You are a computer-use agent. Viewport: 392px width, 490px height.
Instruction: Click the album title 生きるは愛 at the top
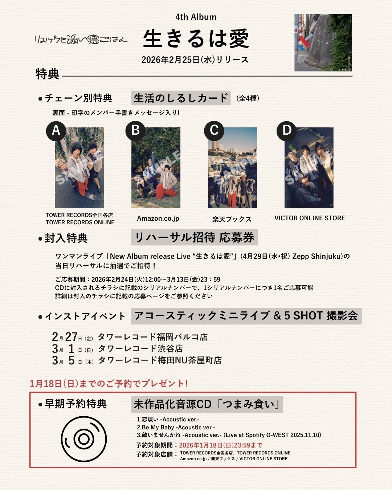click(196, 39)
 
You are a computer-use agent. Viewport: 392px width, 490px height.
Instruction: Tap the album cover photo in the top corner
click(323, 42)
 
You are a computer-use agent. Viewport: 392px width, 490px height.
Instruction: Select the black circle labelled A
click(56, 130)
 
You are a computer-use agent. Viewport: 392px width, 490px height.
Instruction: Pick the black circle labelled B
click(135, 130)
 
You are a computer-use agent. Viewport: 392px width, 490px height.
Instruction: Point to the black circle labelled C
click(214, 130)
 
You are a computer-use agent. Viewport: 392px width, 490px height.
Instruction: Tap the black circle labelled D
click(287, 130)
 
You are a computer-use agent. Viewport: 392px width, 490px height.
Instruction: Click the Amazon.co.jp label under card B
click(158, 218)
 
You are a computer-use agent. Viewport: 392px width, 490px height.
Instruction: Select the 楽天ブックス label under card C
click(232, 219)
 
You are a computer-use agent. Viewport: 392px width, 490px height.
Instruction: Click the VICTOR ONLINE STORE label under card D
click(310, 218)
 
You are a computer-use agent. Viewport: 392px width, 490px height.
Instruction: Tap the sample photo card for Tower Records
click(79, 168)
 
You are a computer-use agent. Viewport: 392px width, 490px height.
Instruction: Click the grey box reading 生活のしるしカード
click(181, 98)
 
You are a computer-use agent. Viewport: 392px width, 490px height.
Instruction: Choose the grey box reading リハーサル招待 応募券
click(194, 237)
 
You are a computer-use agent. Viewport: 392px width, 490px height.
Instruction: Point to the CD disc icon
click(84, 439)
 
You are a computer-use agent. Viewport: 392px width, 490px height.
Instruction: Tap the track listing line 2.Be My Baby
click(176, 427)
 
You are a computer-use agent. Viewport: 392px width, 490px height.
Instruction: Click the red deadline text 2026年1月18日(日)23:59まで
click(221, 445)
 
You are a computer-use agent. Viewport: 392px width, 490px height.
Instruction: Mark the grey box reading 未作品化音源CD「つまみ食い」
click(207, 404)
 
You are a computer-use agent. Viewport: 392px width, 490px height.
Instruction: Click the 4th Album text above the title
click(196, 17)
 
